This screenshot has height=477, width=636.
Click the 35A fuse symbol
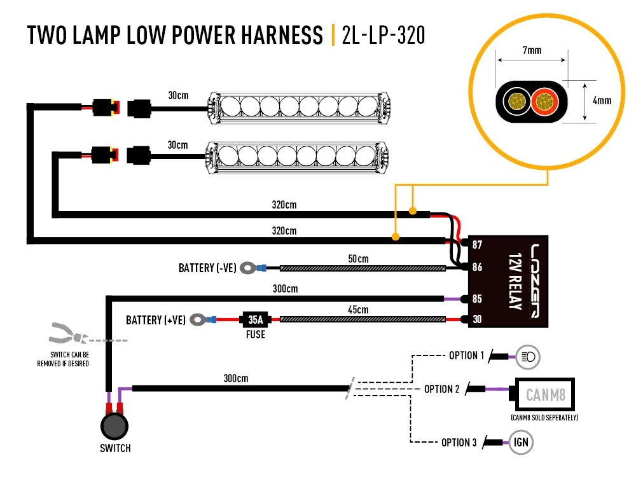click(x=256, y=319)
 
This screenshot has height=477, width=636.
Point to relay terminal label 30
click(x=478, y=319)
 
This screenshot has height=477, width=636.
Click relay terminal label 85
click(x=478, y=298)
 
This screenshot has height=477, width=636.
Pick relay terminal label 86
click(x=478, y=268)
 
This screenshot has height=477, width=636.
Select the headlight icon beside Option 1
click(x=528, y=356)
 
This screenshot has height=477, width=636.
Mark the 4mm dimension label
click(x=601, y=100)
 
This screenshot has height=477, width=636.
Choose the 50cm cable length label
click(x=358, y=259)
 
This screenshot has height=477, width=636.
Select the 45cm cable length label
click(x=358, y=310)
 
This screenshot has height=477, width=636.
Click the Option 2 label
click(x=442, y=389)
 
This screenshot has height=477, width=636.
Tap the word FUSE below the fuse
click(x=256, y=334)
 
